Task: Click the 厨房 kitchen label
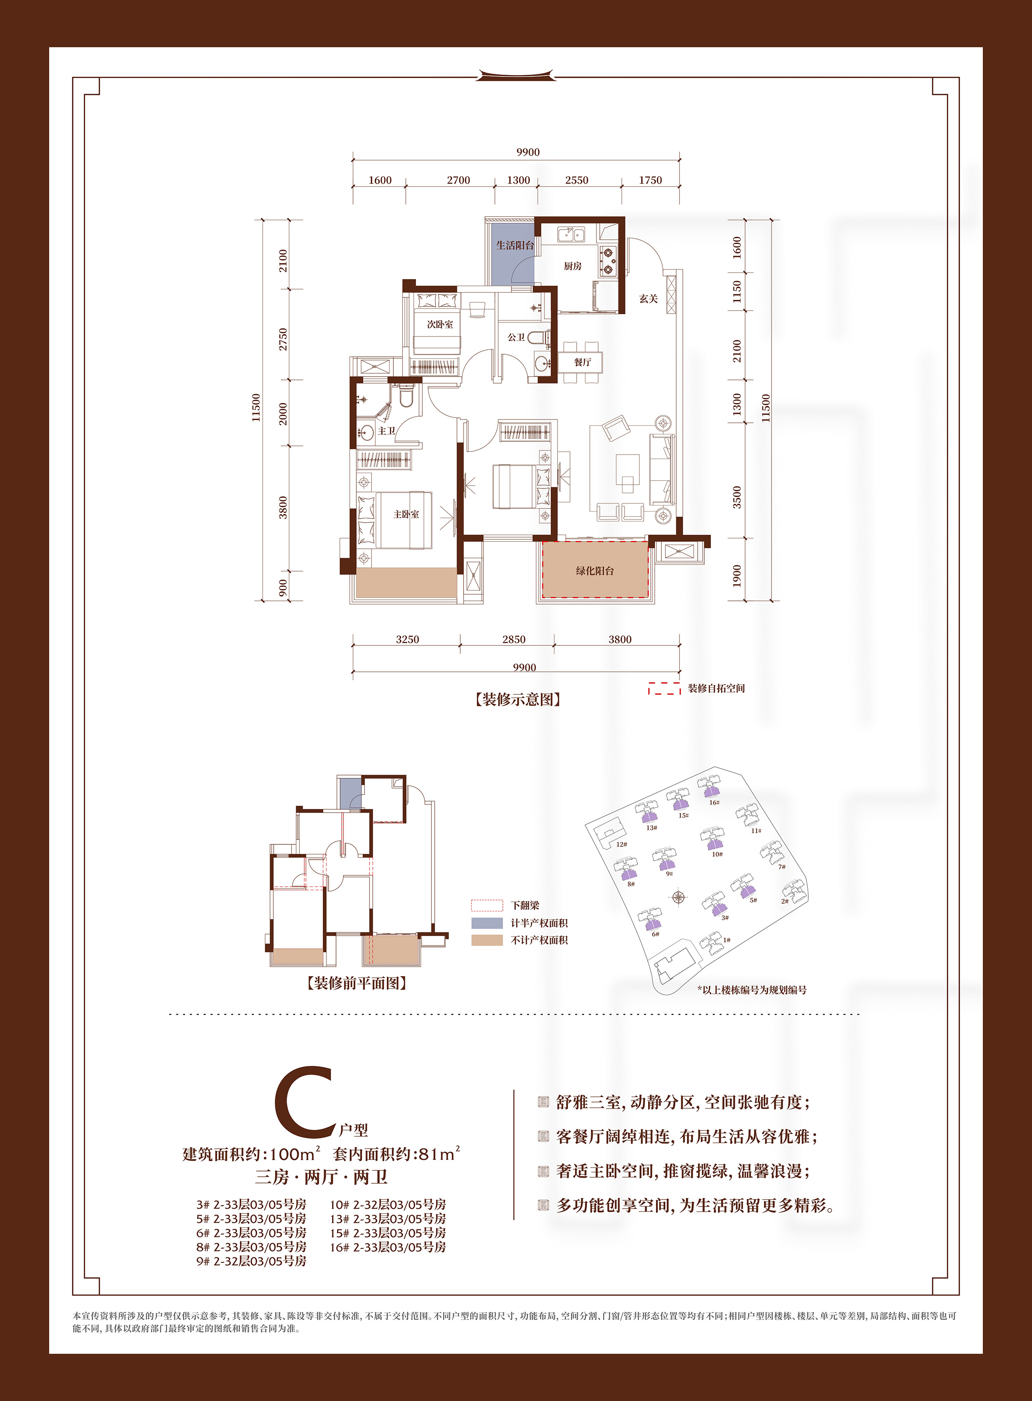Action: (572, 266)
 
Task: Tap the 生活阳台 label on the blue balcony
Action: (515, 246)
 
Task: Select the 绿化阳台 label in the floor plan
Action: (595, 571)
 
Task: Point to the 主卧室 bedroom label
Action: (406, 514)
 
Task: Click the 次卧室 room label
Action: (440, 324)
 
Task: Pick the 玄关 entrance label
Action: (649, 299)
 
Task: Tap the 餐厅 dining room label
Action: (582, 363)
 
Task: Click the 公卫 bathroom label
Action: (516, 337)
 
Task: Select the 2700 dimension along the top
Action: (458, 180)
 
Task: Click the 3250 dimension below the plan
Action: (407, 639)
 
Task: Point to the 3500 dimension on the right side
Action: (737, 497)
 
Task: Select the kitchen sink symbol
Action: (570, 235)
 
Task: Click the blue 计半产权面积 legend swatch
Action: (487, 923)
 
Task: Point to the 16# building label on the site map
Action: (714, 802)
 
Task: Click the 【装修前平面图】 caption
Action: (357, 983)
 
